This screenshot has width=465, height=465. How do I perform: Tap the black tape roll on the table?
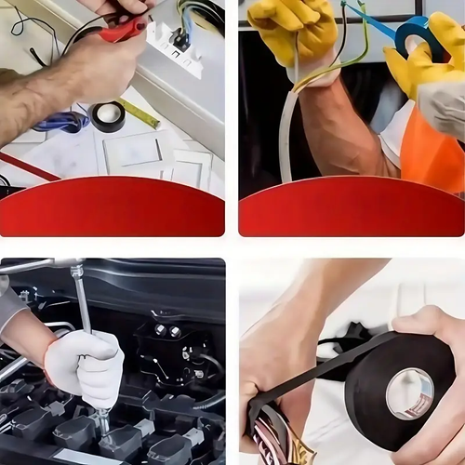pyautogui.click(x=108, y=116)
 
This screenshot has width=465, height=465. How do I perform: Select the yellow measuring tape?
pyautogui.click(x=139, y=113)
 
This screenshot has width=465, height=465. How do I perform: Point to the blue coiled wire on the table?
pyautogui.click(x=62, y=122)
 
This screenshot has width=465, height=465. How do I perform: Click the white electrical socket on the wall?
pyautogui.click(x=175, y=46)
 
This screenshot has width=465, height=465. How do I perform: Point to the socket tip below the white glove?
pyautogui.click(x=102, y=423)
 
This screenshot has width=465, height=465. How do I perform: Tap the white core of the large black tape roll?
pyautogui.click(x=410, y=392)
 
